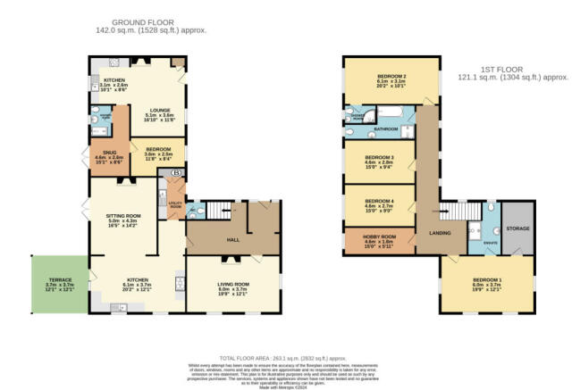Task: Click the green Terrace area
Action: pyautogui.click(x=59, y=285)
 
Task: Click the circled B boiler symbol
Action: pyautogui.click(x=176, y=171)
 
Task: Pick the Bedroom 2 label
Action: pyautogui.click(x=391, y=79)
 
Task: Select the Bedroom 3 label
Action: pyautogui.click(x=379, y=158)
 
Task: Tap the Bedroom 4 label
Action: pyautogui.click(x=379, y=203)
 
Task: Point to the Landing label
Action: pyautogui.click(x=440, y=234)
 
